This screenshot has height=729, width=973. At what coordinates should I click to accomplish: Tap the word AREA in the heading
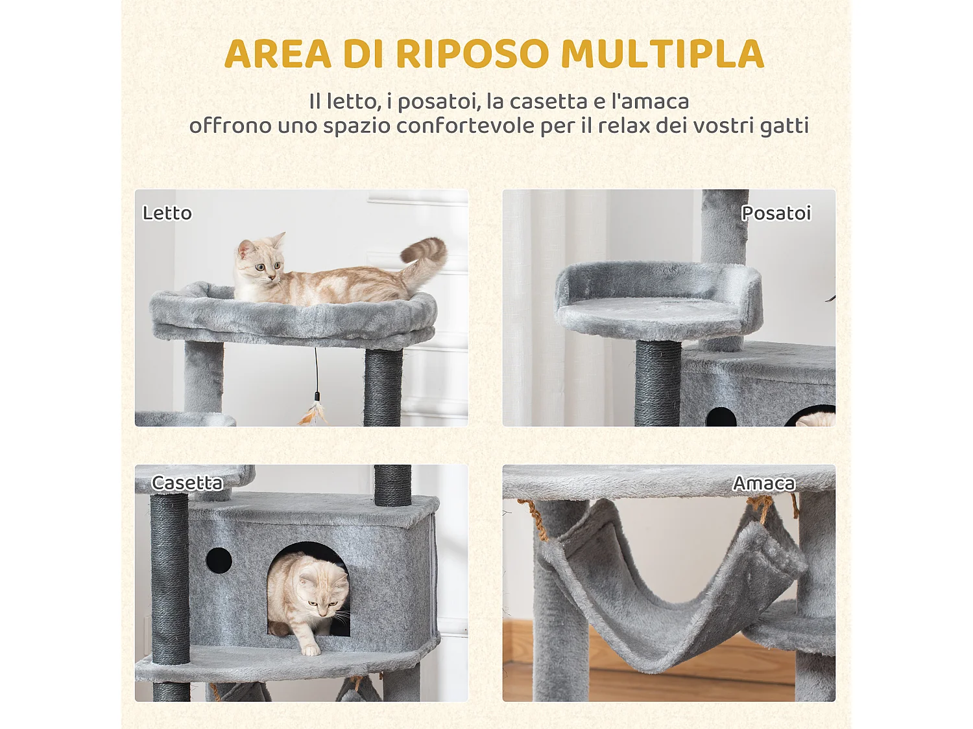(278, 54)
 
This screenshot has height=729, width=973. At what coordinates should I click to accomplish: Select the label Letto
(167, 213)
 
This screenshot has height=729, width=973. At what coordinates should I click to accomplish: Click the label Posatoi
(776, 213)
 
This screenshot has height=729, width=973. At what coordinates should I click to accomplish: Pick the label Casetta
(187, 483)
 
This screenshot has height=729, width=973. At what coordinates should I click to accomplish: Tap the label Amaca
(763, 483)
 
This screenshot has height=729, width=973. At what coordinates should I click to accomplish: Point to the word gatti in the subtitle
(784, 126)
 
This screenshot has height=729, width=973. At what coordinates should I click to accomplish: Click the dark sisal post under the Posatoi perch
(657, 382)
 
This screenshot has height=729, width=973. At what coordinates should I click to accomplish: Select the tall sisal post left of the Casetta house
(169, 577)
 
